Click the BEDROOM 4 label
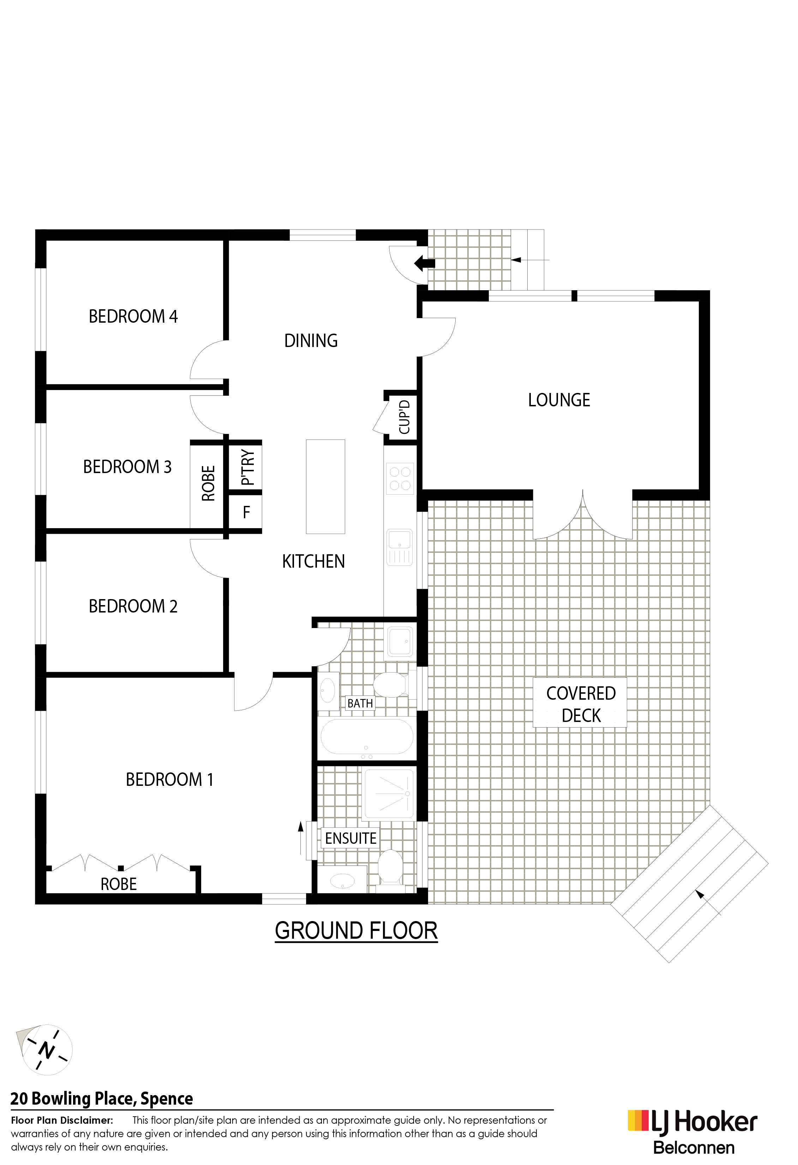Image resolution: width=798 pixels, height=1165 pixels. [x=133, y=316]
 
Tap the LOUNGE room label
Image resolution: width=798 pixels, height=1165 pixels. [x=559, y=400]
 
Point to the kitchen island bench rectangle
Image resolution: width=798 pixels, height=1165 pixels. [x=325, y=486]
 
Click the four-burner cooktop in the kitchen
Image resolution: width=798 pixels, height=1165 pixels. [x=400, y=478]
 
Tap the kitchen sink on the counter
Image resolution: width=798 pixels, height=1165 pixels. [x=400, y=548]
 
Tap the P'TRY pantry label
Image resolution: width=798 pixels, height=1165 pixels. [x=248, y=467]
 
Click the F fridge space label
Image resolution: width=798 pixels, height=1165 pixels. [x=246, y=512]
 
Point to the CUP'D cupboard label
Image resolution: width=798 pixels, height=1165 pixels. [x=404, y=417]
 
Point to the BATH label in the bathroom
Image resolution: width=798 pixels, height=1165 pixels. [x=360, y=703]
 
